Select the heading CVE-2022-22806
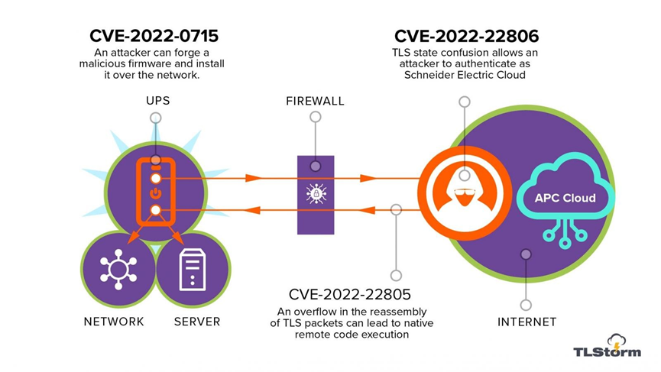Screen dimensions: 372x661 click(466, 36)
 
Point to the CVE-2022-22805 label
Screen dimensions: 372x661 click(350, 294)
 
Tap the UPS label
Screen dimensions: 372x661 click(158, 101)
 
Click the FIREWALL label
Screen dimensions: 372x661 click(315, 101)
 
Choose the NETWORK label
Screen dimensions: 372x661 click(114, 322)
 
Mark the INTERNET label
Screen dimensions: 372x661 click(527, 322)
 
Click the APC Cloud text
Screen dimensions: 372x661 click(564, 199)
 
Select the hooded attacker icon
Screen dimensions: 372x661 click(464, 192)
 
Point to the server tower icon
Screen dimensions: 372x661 click(193, 269)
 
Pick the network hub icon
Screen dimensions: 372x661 click(118, 270)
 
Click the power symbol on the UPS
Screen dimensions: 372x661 click(155, 194)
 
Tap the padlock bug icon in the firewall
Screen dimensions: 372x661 click(316, 194)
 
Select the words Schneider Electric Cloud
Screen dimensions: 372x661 click(466, 75)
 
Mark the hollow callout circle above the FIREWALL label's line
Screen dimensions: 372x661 click(315, 118)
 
